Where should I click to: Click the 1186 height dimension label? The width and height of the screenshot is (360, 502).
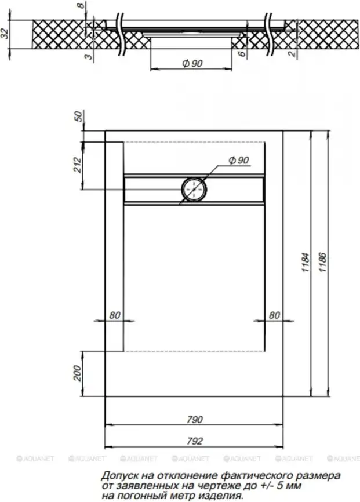point(323,263)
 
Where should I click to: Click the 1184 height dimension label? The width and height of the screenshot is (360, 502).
point(306,263)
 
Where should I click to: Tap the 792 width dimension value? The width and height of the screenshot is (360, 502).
point(195,441)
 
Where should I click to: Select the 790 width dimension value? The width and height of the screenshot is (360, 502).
point(195,420)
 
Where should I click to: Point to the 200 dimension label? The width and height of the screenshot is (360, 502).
point(78,373)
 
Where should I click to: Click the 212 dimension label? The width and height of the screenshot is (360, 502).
point(78,165)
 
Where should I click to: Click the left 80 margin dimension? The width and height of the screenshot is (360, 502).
point(115,315)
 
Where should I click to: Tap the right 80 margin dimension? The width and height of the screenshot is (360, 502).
point(274,315)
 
